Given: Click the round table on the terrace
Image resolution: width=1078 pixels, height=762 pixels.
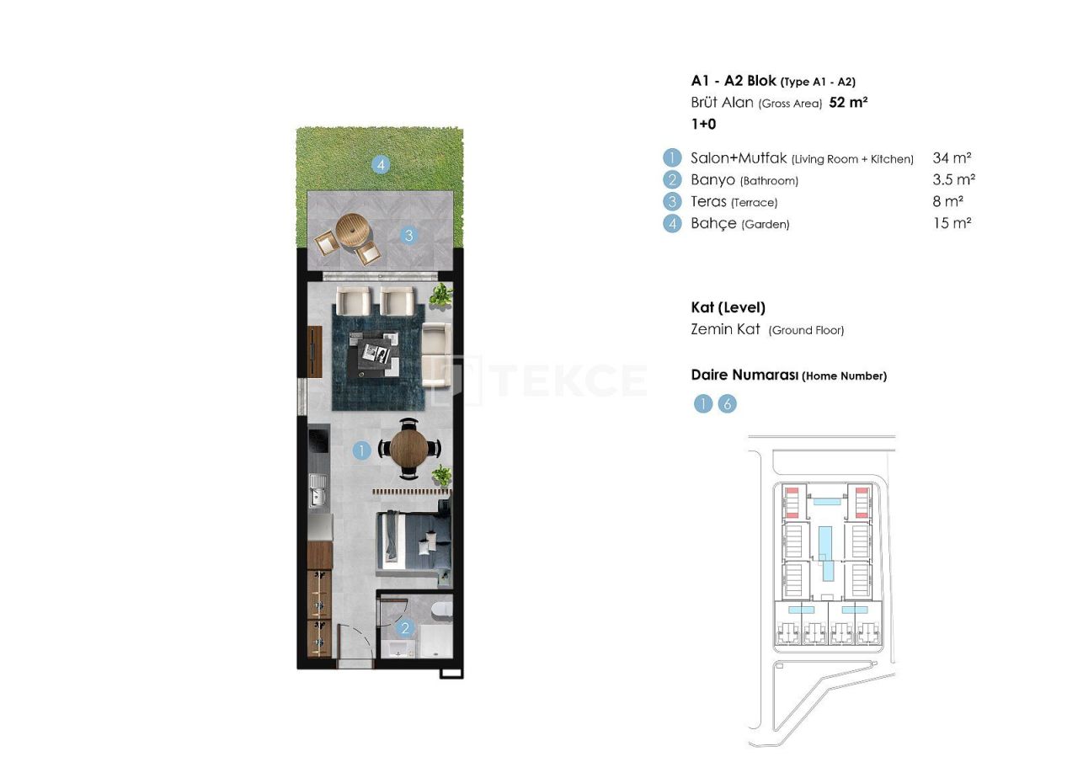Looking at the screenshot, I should pyautogui.click(x=352, y=229).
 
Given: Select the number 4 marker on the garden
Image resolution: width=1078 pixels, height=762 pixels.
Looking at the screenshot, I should pyautogui.click(x=382, y=165).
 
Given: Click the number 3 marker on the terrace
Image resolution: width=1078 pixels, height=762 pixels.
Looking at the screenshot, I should pyautogui.click(x=409, y=236).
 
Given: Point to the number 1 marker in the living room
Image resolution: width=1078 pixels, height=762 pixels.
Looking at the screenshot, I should pyautogui.click(x=361, y=451).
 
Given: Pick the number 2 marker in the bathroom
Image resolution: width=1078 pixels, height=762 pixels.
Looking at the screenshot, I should pyautogui.click(x=405, y=627).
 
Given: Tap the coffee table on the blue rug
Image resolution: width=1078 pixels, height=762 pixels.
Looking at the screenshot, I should pyautogui.click(x=376, y=353).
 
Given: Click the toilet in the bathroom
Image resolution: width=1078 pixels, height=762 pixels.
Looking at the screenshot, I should pyautogui.click(x=440, y=610).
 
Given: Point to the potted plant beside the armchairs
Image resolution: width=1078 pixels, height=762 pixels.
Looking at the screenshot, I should pyautogui.click(x=440, y=295).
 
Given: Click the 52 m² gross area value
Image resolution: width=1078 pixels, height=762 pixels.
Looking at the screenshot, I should pyautogui.click(x=848, y=103).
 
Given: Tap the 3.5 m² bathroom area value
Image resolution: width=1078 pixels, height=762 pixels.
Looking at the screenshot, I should pyautogui.click(x=953, y=179).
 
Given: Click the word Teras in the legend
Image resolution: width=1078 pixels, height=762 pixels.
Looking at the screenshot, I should pyautogui.click(x=708, y=201).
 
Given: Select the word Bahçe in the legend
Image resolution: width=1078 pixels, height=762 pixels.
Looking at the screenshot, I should pyautogui.click(x=713, y=223).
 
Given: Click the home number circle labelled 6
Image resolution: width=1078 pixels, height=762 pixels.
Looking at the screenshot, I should pyautogui.click(x=727, y=404).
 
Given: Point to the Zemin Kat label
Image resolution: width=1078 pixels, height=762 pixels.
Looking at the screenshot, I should pyautogui.click(x=725, y=330).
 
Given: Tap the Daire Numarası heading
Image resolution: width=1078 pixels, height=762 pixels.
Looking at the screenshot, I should pyautogui.click(x=744, y=376).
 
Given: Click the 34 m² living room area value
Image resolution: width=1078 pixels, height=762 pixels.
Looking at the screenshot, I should pyautogui.click(x=952, y=157).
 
